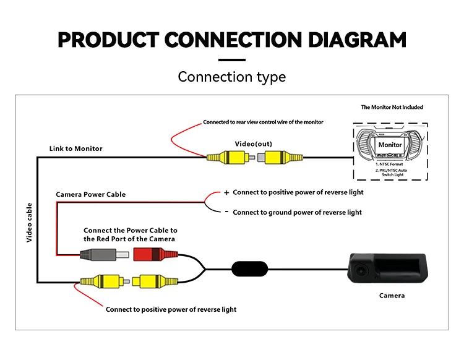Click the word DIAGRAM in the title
[357, 40]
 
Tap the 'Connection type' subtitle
[232, 77]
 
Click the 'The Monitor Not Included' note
[392, 107]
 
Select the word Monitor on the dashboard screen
[390, 145]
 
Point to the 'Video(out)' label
[253, 144]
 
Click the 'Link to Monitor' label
[75, 148]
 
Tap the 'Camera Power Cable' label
[90, 194]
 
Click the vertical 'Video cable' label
[29, 223]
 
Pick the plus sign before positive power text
[226, 193]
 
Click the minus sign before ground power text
[226, 212]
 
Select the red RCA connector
[156, 254]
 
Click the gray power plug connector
[105, 255]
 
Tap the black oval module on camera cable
[249, 269]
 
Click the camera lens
[361, 270]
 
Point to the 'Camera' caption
[392, 296]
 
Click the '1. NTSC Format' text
[389, 164]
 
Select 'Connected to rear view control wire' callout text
[263, 122]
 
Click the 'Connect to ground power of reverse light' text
[297, 212]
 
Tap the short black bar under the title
[232, 60]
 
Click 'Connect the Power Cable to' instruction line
[131, 231]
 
